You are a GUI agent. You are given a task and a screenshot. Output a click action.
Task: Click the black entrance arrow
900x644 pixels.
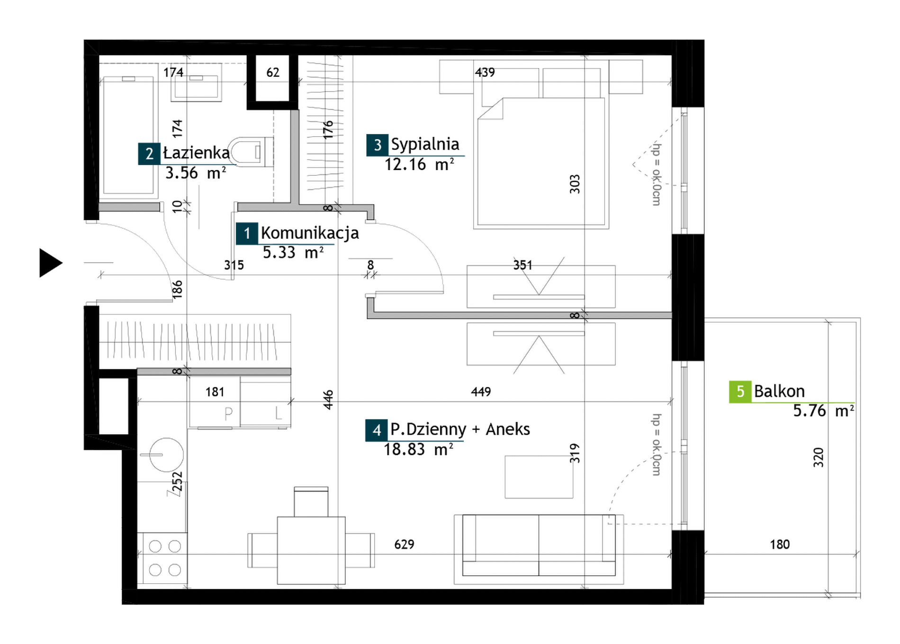50,263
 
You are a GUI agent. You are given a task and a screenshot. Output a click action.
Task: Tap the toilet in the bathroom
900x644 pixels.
251,152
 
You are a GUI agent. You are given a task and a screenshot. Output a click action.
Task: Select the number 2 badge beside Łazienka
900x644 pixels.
149,153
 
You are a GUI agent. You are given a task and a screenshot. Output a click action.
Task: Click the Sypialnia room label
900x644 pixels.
425,144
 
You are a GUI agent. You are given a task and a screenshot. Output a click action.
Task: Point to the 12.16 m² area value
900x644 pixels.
419,164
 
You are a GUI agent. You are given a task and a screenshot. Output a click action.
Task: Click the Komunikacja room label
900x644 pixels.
310,233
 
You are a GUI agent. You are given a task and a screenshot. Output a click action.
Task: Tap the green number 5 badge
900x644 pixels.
740,392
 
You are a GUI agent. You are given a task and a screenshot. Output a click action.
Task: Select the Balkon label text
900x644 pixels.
779,391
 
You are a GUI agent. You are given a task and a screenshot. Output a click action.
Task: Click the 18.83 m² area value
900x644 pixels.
418,449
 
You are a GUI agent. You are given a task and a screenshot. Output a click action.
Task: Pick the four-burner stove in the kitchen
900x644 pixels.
162,558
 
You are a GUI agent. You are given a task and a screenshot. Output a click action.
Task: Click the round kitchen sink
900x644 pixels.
166,455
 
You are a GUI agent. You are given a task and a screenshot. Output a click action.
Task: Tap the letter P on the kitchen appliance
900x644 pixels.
228,414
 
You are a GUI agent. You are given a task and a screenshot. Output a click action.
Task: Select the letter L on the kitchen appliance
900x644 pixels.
278,413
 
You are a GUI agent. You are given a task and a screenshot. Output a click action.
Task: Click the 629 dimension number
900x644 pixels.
404,545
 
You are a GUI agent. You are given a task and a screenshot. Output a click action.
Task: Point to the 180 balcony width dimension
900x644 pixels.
780,545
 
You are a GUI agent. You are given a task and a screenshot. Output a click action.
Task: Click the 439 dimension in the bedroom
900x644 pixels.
485,72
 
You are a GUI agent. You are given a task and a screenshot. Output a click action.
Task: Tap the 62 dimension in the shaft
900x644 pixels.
273,72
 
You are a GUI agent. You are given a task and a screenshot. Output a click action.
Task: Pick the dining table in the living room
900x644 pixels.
311,550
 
